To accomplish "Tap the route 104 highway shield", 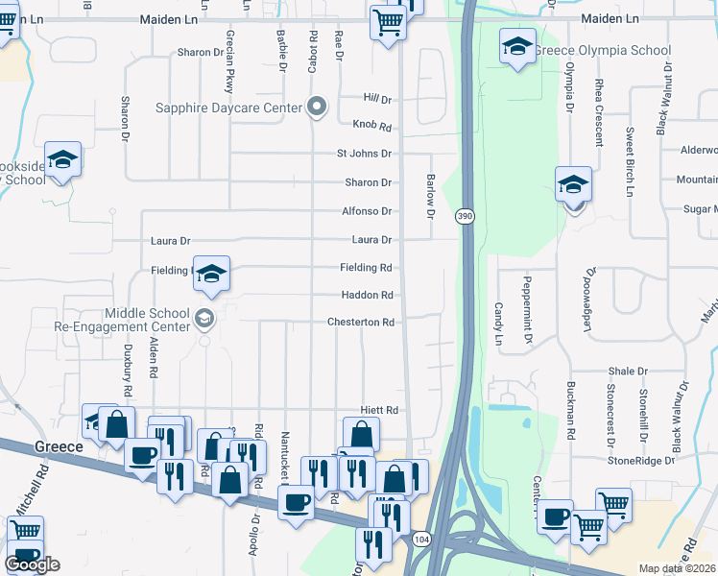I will [420, 540].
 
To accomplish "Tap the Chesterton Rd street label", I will [361, 323].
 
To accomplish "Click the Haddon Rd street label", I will [367, 295].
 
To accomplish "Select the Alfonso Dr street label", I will [367, 211].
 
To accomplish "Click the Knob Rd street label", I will [372, 127].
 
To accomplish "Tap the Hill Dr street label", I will [378, 99].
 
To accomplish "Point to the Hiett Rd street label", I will [378, 410].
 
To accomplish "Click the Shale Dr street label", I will [629, 372].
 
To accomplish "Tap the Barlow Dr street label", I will [430, 197].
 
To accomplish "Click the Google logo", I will [32, 564].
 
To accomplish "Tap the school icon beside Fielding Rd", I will [211, 274].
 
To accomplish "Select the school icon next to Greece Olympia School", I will [517, 46].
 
